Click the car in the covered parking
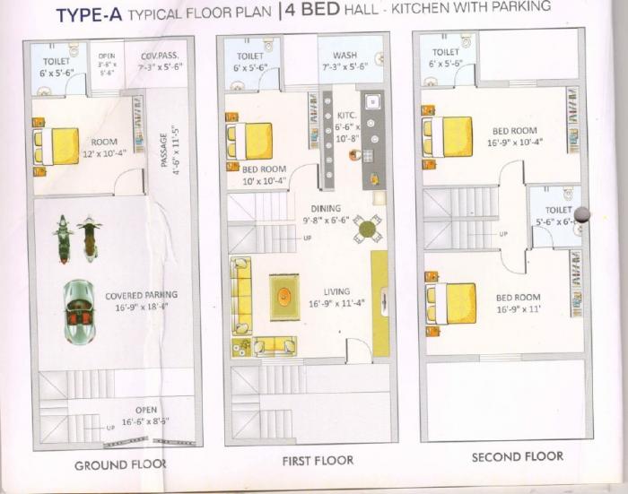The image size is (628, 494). (78, 311)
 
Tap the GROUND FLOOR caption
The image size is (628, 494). (120, 464)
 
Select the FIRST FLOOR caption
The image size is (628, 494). (318, 460)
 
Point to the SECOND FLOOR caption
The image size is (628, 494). (518, 456)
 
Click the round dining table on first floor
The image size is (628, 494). (366, 229)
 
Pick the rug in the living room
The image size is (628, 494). (284, 297)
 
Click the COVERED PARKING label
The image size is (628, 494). (141, 300)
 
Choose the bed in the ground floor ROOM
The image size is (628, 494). (57, 146)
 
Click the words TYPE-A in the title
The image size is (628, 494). (89, 14)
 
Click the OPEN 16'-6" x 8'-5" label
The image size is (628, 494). (139, 415)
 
